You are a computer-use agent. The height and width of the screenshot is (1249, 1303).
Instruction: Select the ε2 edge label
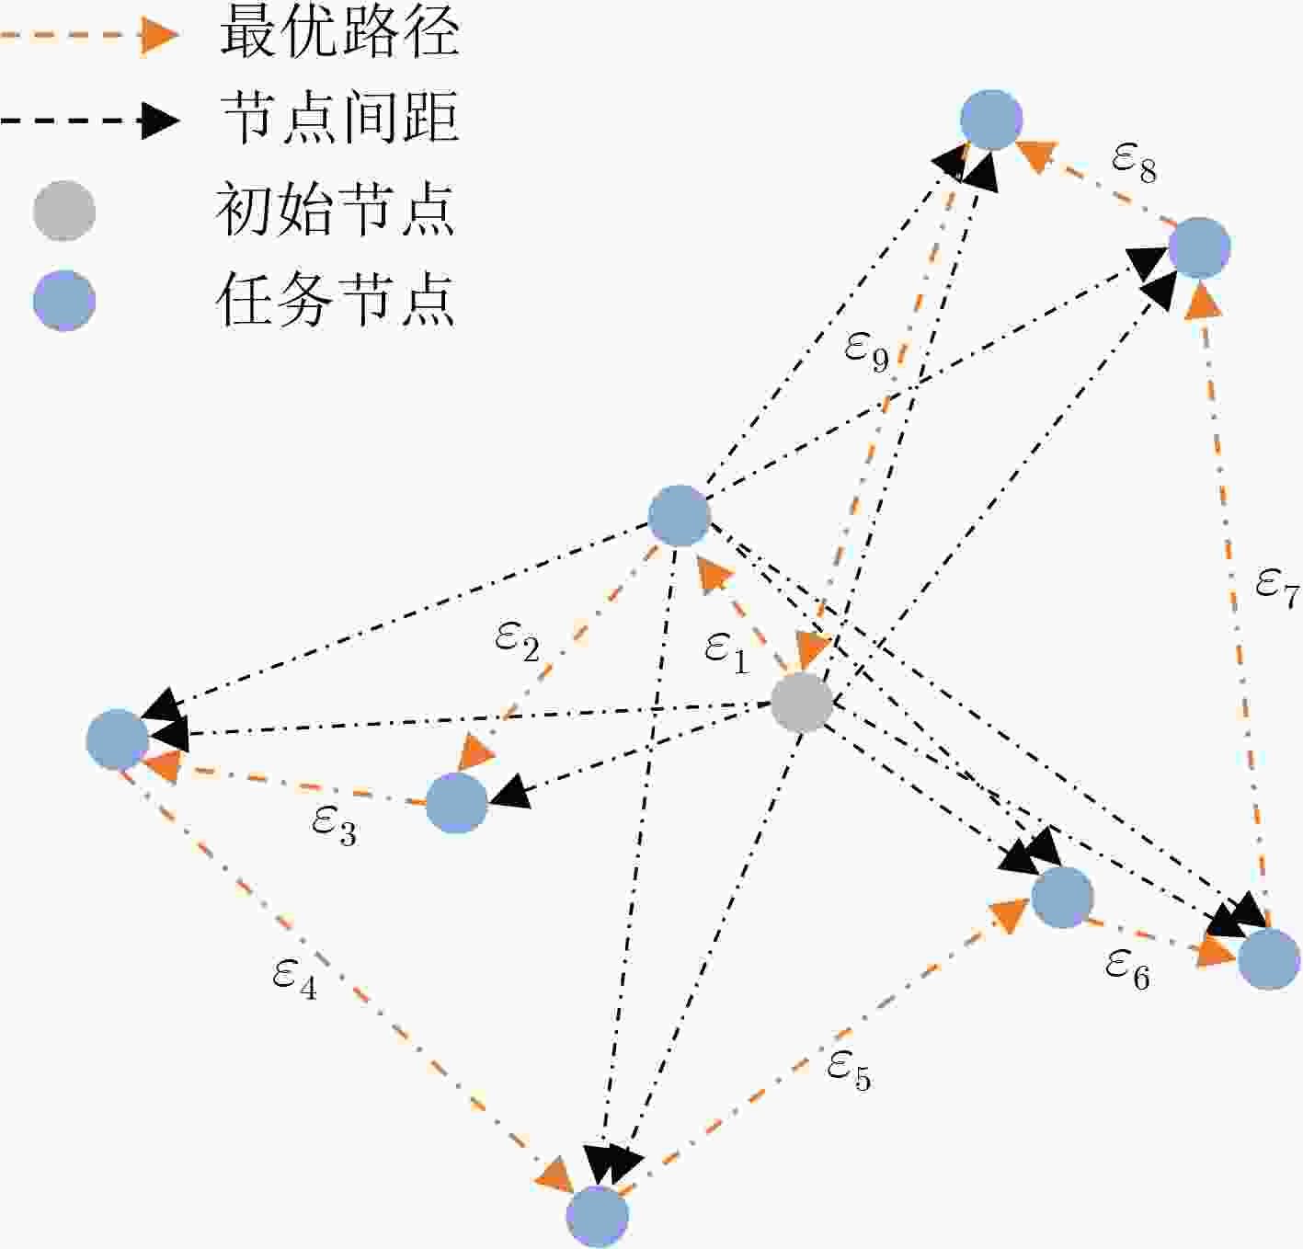517,642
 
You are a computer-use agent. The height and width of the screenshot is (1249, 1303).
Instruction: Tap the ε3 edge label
334,825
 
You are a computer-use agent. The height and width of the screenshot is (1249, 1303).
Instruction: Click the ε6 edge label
1127,969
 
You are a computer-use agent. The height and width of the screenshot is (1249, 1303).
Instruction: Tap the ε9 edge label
866,352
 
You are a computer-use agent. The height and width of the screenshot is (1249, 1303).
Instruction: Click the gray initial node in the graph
802,703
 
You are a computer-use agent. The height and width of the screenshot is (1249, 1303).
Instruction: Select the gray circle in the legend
64,211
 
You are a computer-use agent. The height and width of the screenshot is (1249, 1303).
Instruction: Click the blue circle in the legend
64,300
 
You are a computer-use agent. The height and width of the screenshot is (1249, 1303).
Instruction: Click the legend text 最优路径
340,33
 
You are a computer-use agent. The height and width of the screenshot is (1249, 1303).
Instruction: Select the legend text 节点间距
340,119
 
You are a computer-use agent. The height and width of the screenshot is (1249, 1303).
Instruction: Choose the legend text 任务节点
336,299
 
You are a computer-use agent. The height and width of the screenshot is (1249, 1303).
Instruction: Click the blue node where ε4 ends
598,1217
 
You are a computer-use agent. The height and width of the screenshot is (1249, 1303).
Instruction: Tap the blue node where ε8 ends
991,120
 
